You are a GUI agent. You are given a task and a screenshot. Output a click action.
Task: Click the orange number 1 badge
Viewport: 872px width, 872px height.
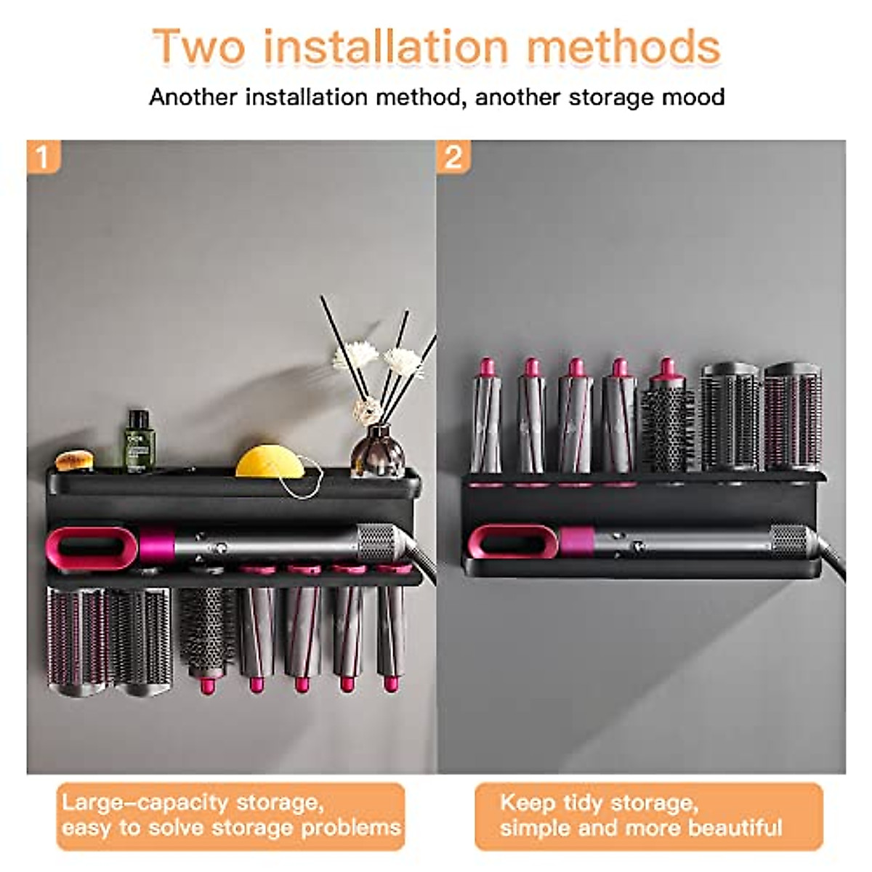[43, 157]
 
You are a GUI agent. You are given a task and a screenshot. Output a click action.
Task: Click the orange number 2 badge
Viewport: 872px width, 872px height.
[453, 157]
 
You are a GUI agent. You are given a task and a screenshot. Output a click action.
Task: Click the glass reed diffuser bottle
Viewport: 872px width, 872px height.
[377, 452]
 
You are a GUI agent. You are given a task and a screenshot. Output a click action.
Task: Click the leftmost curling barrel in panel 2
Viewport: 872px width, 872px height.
[486, 418]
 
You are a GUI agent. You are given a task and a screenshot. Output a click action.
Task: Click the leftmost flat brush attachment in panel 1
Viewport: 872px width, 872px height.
[76, 639]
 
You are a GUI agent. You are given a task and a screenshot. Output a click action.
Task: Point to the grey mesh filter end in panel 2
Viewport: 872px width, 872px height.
[788, 541]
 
